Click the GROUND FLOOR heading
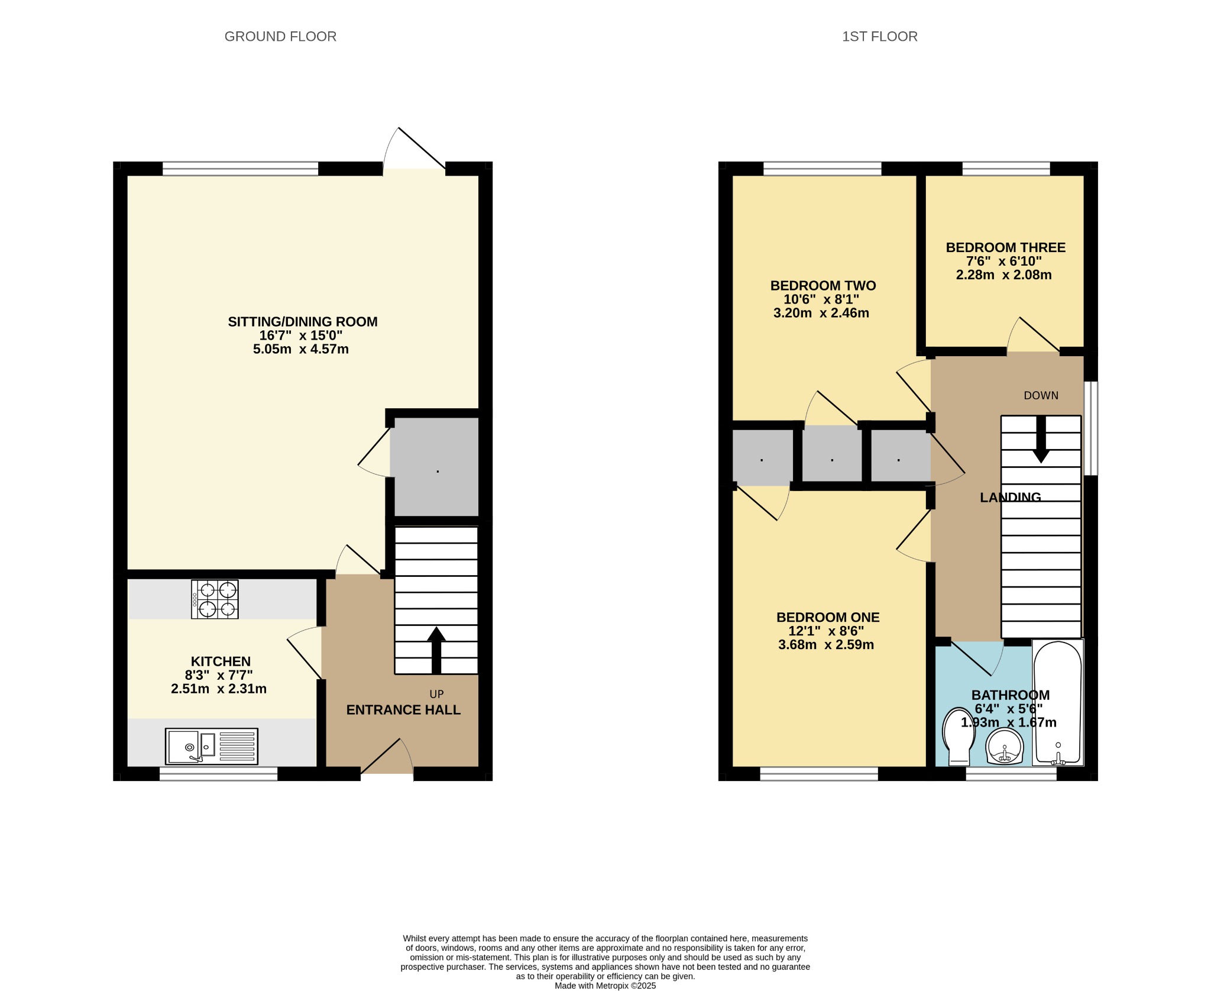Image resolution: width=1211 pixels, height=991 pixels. coord(280,37)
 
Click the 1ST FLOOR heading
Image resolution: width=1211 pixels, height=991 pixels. coord(879,37)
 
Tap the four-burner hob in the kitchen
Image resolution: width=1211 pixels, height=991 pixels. coord(215,599)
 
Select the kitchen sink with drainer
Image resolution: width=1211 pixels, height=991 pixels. coord(212,746)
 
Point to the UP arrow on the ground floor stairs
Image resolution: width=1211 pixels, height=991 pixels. coord(436,650)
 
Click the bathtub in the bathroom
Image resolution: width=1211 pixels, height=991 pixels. coord(1058,703)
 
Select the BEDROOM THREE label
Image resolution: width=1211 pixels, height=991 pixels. coord(1005,247)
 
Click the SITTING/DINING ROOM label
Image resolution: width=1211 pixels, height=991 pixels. coord(303,322)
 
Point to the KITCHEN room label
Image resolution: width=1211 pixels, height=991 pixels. coord(221,661)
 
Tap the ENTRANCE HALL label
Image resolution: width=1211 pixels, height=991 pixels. coord(403,710)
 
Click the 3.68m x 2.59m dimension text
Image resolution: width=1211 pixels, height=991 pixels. coord(826,645)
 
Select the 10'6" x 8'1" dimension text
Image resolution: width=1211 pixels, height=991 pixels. coord(821,299)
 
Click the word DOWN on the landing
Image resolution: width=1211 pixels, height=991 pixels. coord(1041,395)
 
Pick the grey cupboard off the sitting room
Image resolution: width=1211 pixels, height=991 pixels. coord(436,467)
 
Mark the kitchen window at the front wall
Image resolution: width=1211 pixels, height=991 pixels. coord(219,774)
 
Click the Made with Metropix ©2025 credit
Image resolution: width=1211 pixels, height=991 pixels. coord(605,986)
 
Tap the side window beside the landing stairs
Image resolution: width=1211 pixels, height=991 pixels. coord(1091,428)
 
